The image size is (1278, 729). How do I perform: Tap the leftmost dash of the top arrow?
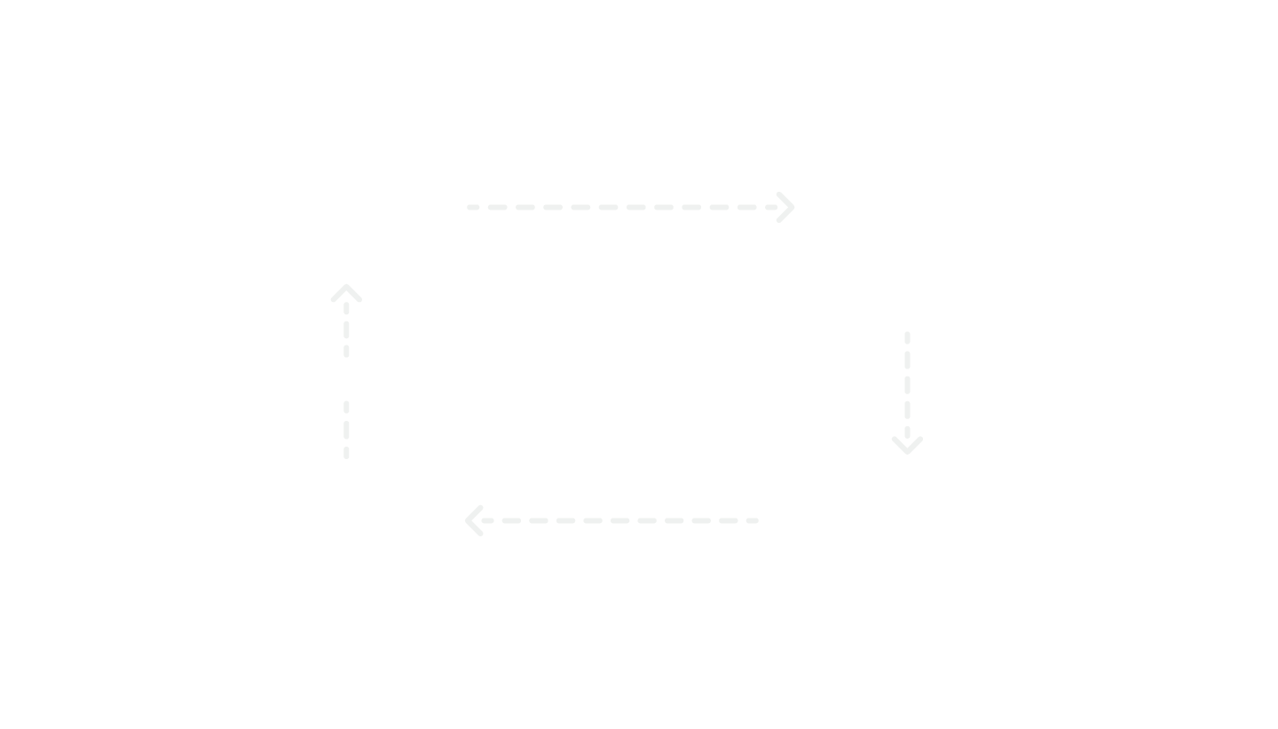point(473,207)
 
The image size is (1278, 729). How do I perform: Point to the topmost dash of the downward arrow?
point(907,337)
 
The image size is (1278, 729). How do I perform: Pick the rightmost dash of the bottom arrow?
point(753,520)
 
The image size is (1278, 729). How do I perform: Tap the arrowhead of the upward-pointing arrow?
point(346,289)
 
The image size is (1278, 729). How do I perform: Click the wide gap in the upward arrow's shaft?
point(346,379)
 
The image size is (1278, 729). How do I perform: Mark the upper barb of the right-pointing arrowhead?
point(785,199)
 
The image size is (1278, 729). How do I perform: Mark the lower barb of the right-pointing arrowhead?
point(785,215)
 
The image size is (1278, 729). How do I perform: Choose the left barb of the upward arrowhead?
point(338,294)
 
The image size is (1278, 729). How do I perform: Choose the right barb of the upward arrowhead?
point(354,294)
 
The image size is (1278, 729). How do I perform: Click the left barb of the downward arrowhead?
point(899,445)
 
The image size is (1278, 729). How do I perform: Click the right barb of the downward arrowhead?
point(916,445)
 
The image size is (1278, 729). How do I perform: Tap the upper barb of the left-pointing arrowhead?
point(475,512)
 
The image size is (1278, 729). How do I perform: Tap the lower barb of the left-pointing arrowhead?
point(475,528)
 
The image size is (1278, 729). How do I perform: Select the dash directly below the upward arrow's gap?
point(346,407)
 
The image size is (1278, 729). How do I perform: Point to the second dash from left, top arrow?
point(498,207)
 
